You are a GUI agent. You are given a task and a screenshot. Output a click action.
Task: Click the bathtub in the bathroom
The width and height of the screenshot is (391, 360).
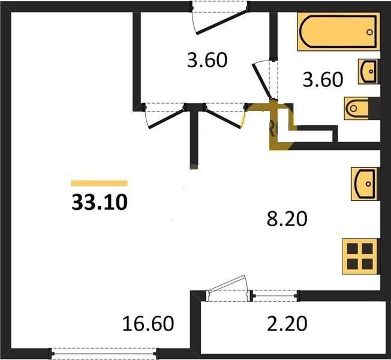338,31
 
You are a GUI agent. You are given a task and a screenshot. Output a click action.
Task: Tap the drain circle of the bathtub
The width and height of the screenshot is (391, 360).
369,32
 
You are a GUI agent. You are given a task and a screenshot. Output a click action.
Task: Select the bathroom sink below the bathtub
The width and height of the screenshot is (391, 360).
369,71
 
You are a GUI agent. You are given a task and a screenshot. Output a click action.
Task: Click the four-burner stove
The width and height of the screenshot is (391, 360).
360,256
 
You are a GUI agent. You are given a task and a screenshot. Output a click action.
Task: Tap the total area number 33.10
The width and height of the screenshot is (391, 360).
100,202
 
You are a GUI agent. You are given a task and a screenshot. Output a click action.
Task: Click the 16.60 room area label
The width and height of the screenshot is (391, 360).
148,323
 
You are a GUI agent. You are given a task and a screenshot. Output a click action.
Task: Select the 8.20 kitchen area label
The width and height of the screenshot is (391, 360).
287,219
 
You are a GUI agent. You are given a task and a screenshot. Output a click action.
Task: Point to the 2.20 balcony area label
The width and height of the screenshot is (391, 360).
287,323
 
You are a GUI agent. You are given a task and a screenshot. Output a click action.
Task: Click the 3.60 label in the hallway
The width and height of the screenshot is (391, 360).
207,60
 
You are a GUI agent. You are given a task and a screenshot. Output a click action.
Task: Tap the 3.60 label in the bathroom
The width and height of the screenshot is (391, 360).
323,80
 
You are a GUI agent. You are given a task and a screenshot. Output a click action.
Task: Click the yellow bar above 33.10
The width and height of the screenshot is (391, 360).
99,184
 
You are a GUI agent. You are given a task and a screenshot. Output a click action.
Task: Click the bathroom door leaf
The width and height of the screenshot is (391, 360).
262,82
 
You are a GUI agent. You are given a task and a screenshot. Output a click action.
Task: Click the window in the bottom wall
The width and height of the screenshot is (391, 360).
104,353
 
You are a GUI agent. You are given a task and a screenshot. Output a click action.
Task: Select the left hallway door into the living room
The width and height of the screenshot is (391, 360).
167,119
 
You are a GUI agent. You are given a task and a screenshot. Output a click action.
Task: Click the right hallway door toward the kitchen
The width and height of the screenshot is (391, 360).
224,119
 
